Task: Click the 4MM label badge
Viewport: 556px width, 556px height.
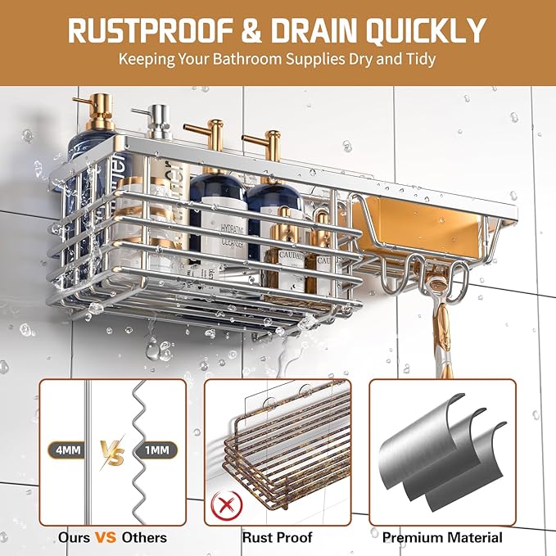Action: pos(66,449)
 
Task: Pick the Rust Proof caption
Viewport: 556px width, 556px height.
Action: pos(278,538)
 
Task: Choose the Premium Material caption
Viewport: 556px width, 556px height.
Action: pos(443,538)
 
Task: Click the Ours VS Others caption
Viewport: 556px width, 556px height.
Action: pos(112,538)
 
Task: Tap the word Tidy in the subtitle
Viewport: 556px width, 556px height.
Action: pos(419,60)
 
